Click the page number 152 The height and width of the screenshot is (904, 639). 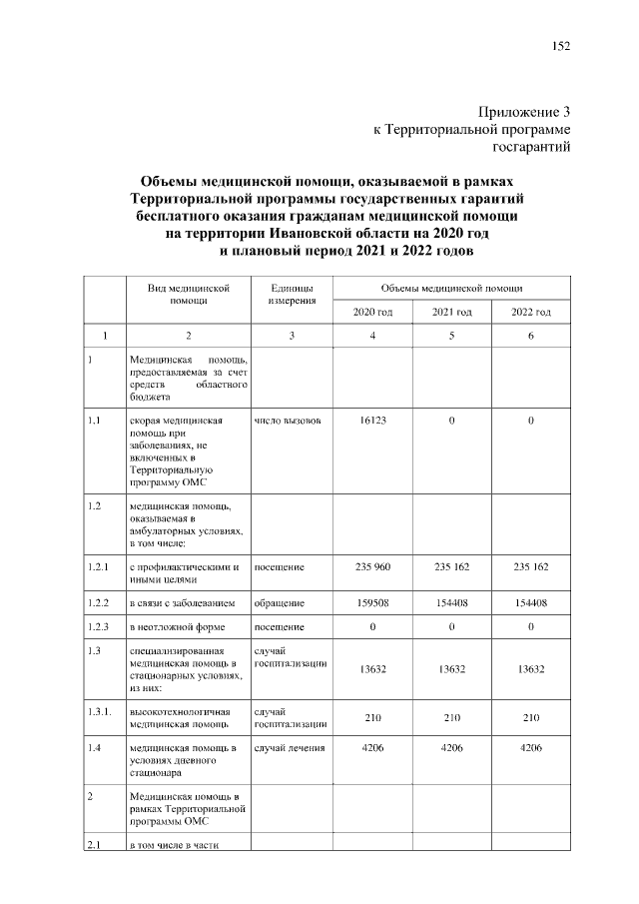click(560, 46)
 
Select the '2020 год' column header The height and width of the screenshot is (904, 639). click(371, 312)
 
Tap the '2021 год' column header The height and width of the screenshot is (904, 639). click(451, 312)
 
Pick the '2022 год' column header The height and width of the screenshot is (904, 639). click(530, 312)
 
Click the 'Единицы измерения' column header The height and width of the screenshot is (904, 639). click(292, 294)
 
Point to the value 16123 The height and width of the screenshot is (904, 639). click(371, 421)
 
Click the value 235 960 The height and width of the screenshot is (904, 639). click(371, 567)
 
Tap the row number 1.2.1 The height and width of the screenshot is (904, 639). click(97, 567)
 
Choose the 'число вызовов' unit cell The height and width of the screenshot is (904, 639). click(288, 421)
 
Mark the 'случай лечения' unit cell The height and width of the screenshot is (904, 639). click(291, 746)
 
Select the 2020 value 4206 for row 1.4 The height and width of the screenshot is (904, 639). click(371, 746)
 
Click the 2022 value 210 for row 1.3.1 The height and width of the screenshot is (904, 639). click(530, 717)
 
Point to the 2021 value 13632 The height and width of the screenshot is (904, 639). click(451, 669)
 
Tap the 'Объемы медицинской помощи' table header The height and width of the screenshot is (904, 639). click(451, 287)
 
